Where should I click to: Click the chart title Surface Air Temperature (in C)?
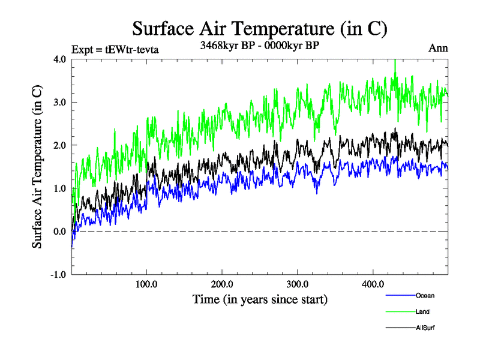click(259, 28)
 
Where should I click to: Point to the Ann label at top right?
click(438, 48)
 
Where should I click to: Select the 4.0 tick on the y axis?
click(59, 59)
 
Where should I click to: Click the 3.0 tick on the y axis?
click(59, 102)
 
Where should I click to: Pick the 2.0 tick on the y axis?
click(59, 145)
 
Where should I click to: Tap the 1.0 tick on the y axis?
click(59, 188)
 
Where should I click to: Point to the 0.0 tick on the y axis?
click(59, 232)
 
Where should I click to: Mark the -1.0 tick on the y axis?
click(58, 275)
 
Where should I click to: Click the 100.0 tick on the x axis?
click(147, 284)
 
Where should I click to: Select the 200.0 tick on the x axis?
click(222, 284)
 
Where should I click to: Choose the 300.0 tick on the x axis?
click(298, 284)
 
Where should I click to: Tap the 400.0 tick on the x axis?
click(373, 284)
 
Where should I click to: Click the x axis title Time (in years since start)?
click(260, 299)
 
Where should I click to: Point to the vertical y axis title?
click(37, 167)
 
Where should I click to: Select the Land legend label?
click(422, 311)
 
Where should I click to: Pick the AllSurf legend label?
click(425, 328)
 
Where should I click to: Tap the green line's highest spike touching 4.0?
click(395, 61)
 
